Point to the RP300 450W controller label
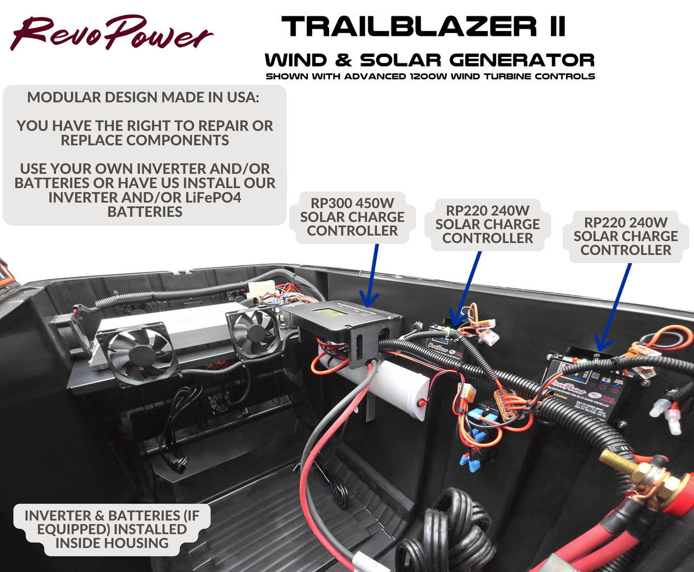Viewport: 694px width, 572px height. coord(352,217)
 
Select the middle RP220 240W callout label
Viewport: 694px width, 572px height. coord(487,224)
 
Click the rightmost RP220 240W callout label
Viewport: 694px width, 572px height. coord(626,236)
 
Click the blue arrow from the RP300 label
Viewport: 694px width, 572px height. coord(372,277)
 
